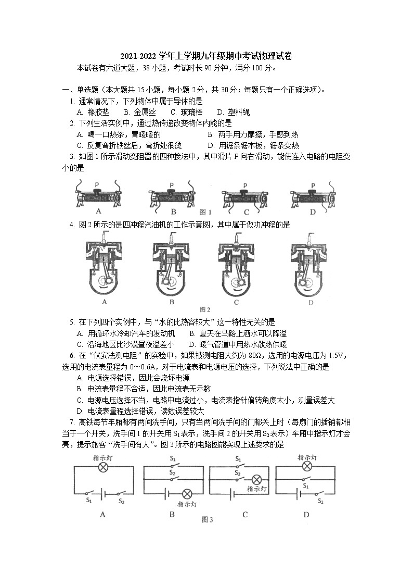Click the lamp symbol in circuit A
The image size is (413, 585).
click(x=103, y=468)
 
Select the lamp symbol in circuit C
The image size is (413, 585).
click(x=255, y=480)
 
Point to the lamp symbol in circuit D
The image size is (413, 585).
click(x=306, y=467)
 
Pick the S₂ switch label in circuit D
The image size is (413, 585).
click(x=321, y=501)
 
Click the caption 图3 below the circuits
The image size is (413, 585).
click(x=208, y=519)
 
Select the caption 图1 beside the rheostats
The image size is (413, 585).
click(x=206, y=212)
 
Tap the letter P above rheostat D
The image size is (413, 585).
click(x=313, y=185)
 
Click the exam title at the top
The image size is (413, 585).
click(x=206, y=56)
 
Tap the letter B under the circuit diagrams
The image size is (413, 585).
click(x=172, y=515)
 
